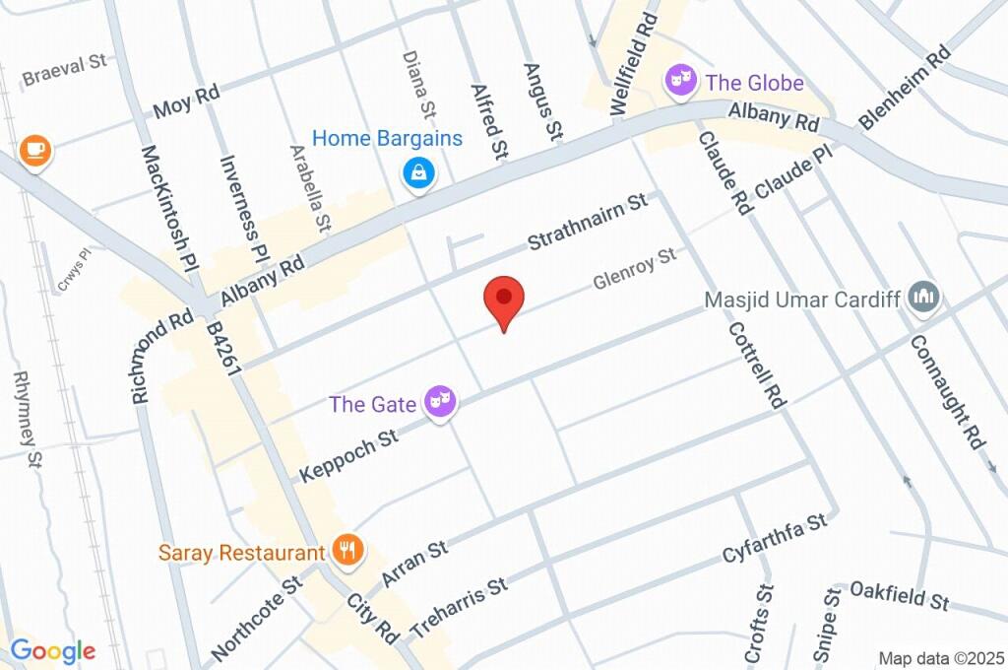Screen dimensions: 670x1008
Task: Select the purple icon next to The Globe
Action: (679, 82)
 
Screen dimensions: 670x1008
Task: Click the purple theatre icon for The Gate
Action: (440, 402)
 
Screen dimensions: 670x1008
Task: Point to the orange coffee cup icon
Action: (35, 150)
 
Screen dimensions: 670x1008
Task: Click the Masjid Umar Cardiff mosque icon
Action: (923, 297)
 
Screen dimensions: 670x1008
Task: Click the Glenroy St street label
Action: (635, 269)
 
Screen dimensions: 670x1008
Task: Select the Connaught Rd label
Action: (948, 391)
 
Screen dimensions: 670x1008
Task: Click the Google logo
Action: (53, 650)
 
